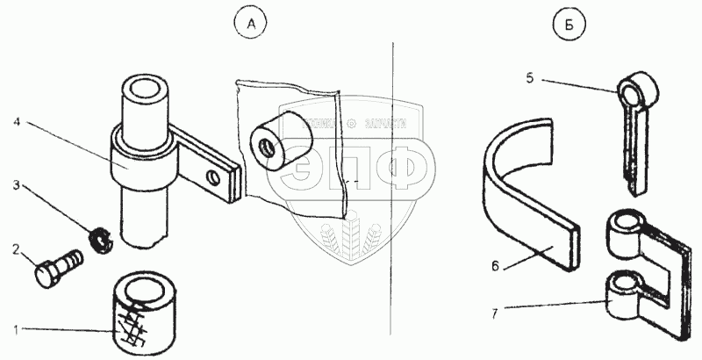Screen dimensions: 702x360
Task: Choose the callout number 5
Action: pos(531,77)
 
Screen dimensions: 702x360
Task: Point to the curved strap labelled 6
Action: pos(526,202)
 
